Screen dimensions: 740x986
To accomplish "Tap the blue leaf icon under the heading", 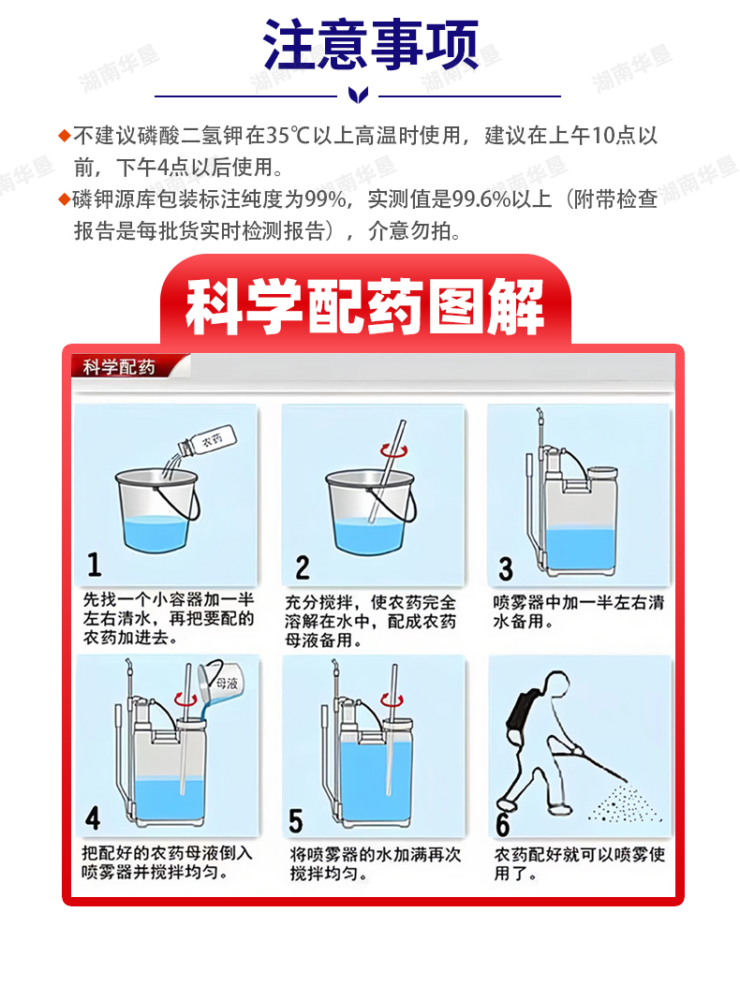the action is [358, 96].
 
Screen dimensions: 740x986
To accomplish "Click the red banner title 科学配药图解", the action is [365, 306].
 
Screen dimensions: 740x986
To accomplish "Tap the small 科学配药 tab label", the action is [119, 367].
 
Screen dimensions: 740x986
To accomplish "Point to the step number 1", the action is [94, 564].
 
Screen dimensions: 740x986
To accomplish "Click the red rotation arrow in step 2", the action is [394, 450].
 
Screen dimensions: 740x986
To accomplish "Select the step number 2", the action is [303, 567].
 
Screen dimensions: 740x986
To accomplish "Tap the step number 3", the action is [506, 569].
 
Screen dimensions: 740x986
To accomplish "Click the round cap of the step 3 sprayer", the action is [601, 472].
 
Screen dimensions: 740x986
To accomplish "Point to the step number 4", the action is [93, 818].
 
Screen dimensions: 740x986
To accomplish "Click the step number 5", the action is [296, 821].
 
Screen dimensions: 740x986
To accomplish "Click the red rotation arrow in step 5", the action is [392, 699].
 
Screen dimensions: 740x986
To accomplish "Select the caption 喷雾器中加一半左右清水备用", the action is [578, 611].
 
